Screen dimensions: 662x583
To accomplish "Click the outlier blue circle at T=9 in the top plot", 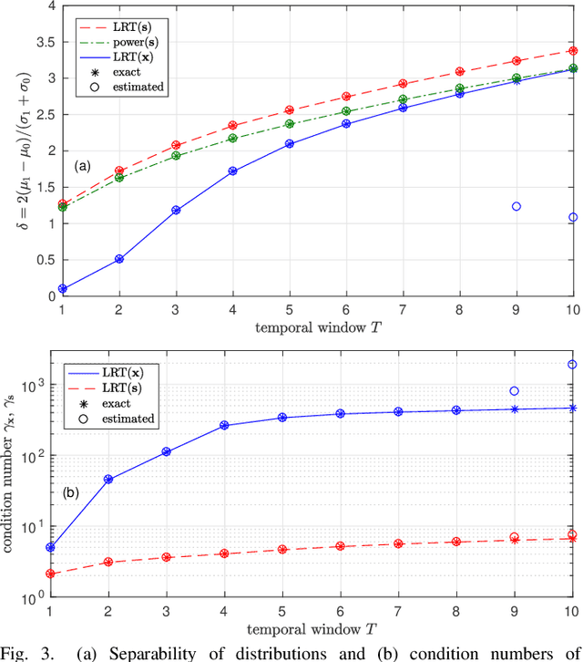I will pyautogui.click(x=516, y=207).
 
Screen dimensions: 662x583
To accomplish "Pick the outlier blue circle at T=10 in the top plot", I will pyautogui.click(x=573, y=217).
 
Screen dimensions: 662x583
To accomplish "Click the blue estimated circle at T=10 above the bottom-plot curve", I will pyautogui.click(x=573, y=365).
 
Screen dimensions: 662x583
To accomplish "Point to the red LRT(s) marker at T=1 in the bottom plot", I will pyautogui.click(x=50, y=574).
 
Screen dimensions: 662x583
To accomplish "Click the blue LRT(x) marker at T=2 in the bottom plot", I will pyautogui.click(x=107, y=479).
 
